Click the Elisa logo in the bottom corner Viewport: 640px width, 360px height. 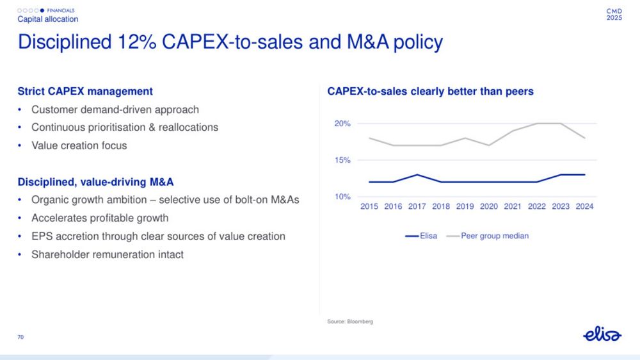point(602,335)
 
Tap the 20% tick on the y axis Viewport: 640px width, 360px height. point(342,124)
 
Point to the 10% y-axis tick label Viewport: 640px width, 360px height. point(342,197)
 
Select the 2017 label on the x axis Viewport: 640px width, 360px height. point(417,206)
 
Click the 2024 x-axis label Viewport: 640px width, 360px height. point(584,206)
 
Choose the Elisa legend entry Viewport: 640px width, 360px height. point(422,236)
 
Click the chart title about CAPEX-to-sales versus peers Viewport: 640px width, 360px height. point(430,92)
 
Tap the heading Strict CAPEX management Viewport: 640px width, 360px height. point(85,92)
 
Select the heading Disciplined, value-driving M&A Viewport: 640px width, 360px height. point(95,183)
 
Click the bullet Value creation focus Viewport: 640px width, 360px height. point(79,145)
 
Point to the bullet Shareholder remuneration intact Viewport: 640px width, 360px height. point(108,254)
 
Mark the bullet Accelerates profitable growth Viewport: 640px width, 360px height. point(100,218)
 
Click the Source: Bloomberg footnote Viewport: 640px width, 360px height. point(350,321)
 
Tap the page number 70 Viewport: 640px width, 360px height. point(20,337)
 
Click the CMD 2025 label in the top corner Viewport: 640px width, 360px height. point(614,14)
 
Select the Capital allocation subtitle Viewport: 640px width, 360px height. point(48,19)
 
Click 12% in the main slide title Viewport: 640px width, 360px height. point(137,42)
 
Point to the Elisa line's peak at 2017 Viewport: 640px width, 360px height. point(417,175)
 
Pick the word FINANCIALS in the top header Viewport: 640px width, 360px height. point(61,11)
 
